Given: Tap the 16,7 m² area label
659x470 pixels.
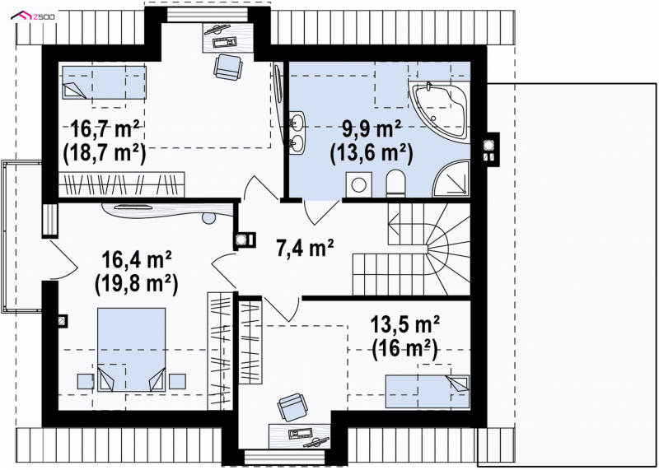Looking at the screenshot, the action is tap(105, 128).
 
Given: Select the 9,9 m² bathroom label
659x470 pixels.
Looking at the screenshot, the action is tap(372, 128).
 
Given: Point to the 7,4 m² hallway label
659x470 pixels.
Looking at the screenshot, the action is tap(305, 248).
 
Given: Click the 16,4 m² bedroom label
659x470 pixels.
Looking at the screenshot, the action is tap(137, 260).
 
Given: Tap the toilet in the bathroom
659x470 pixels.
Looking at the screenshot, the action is tap(395, 183).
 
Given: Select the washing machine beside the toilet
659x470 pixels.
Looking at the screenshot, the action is tap(358, 184).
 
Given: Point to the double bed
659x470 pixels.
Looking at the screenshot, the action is tap(131, 350).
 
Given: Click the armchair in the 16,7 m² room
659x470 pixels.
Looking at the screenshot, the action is tap(228, 67).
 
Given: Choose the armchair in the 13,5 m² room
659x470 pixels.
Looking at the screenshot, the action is tap(293, 407).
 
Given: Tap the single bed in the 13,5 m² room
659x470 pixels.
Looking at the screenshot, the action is tap(428, 392).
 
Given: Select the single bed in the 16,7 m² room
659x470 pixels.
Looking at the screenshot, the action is tap(105, 82).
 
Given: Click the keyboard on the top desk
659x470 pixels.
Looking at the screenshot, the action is tap(225, 42).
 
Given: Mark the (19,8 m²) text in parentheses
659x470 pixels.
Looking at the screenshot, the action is tap(137, 284).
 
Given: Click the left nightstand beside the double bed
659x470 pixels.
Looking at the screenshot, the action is tap(86, 381).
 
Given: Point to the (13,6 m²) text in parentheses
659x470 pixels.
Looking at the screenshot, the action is tap(372, 153).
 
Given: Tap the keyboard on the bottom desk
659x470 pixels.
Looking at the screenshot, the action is tap(300, 433).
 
